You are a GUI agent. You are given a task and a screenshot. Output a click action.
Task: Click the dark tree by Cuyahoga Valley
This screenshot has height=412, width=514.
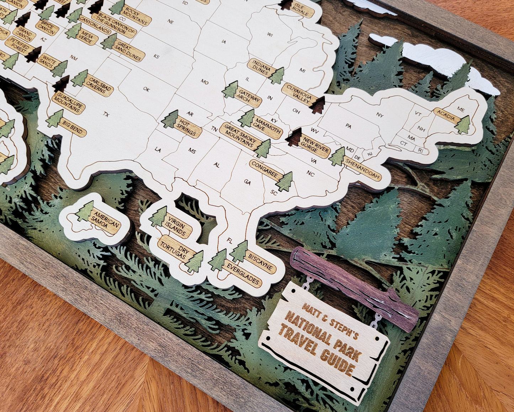coord(318,105)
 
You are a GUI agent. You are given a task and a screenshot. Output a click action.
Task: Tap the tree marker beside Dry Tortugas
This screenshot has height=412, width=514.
coord(194,262)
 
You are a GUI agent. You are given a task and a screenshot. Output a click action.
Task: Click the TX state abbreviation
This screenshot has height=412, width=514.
coord(106,114)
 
